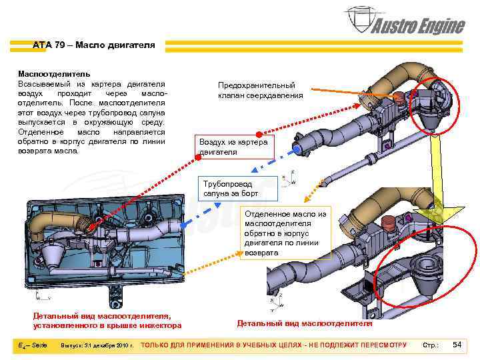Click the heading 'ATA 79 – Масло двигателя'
click(x=93, y=45)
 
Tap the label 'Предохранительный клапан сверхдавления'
click(x=260, y=91)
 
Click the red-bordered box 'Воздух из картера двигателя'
click(x=233, y=147)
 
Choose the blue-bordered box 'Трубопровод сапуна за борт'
click(x=238, y=189)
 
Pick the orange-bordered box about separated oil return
click(x=285, y=233)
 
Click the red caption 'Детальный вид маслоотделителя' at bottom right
click(x=305, y=323)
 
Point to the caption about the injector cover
click(x=107, y=321)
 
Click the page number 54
click(x=457, y=344)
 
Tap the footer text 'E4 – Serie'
click(x=32, y=345)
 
